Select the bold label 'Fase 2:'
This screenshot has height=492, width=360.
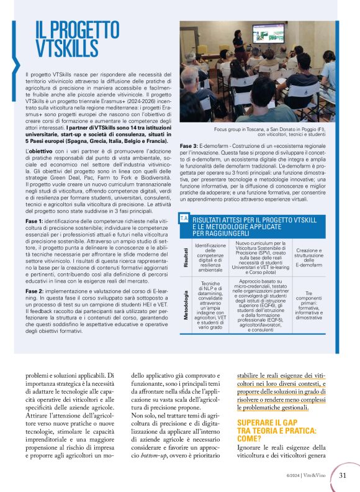click(35, 290)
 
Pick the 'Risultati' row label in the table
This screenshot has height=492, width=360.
click(185, 256)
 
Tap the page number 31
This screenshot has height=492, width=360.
click(342, 476)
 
